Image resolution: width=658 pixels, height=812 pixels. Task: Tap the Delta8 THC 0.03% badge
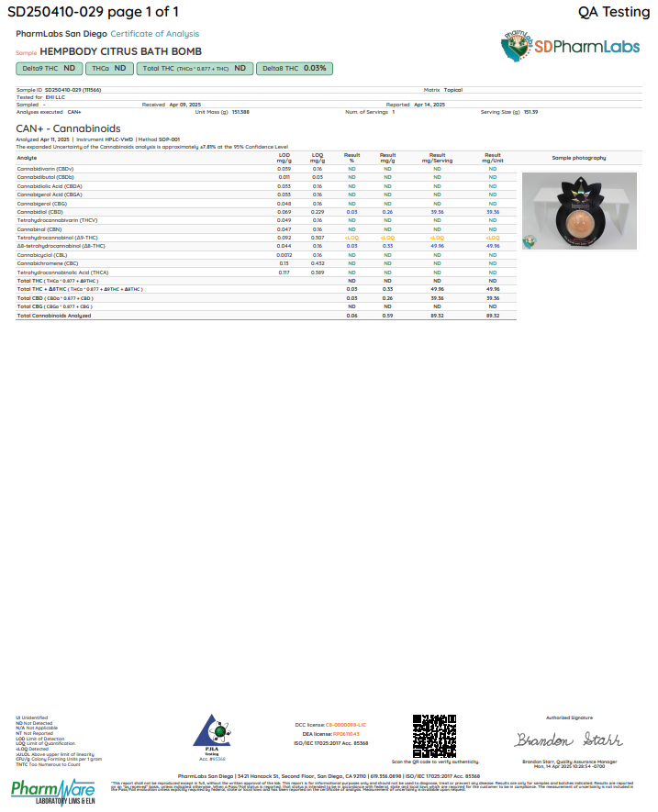point(295,68)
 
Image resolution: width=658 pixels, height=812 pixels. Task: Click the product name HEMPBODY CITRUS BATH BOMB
point(121,51)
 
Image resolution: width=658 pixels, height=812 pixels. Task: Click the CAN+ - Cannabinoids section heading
point(68,128)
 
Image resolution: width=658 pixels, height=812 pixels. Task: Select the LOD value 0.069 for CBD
point(284,212)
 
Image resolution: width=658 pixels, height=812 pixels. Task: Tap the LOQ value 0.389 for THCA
point(318,273)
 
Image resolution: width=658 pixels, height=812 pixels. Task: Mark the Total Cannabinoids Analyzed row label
point(54,316)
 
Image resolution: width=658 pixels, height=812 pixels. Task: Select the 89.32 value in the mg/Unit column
point(493,316)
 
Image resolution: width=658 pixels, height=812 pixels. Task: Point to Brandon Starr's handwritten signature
point(569,740)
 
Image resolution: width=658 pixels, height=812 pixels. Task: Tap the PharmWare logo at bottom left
point(53,792)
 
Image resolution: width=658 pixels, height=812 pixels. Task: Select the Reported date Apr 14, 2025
point(429,105)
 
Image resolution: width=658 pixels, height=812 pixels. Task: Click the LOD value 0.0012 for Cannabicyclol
point(284,255)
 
